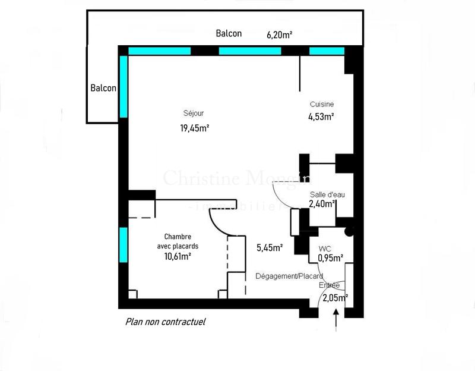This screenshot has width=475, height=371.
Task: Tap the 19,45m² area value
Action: pyautogui.click(x=195, y=128)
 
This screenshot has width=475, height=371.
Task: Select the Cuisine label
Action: pyautogui.click(x=321, y=104)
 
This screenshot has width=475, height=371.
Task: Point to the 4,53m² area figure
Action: pyautogui.click(x=321, y=117)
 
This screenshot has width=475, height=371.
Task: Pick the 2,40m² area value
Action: pyautogui.click(x=322, y=204)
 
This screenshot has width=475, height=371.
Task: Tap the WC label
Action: pyautogui.click(x=325, y=249)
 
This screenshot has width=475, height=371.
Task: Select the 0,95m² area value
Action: pyautogui.click(x=331, y=258)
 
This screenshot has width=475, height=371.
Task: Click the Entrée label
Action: pyautogui.click(x=330, y=285)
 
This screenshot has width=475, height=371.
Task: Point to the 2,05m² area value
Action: pyautogui.click(x=334, y=298)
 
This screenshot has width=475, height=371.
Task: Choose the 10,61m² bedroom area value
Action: pyautogui.click(x=178, y=256)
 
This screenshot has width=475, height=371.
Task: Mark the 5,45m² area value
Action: pyautogui.click(x=269, y=248)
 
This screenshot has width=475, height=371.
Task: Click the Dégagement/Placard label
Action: pyautogui.click(x=289, y=276)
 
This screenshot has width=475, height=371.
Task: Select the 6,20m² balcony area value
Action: pyautogui.click(x=279, y=35)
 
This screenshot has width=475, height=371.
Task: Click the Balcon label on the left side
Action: pyautogui.click(x=103, y=88)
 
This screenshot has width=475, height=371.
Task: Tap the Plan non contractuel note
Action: pyautogui.click(x=165, y=322)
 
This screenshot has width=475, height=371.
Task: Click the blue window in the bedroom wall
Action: pyautogui.click(x=123, y=244)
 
